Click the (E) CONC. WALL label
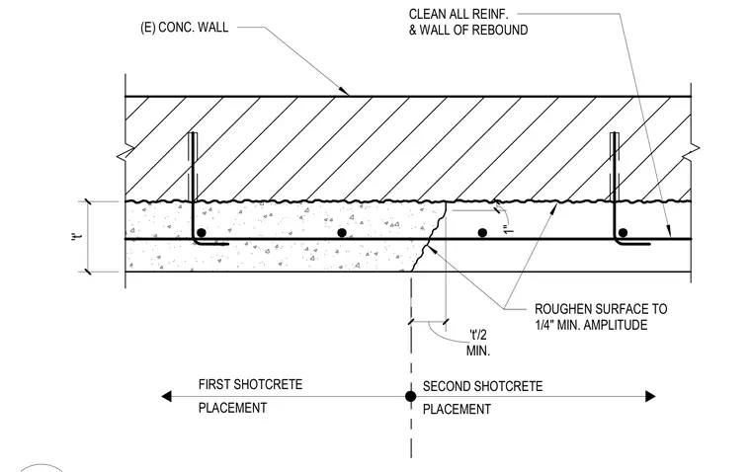tap(185, 27)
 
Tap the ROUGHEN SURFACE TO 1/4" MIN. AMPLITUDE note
tap(601, 317)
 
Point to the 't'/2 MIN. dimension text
tap(478, 343)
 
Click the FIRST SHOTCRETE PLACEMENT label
tap(250, 396)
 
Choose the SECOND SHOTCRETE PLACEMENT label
tap(483, 398)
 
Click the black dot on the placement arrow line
tap(410, 396)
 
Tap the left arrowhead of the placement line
tap(166, 396)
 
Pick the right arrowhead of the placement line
tap(650, 396)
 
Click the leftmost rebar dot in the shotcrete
tap(202, 233)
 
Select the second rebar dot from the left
tap(342, 233)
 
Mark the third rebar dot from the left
tap(482, 233)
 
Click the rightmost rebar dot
tap(623, 233)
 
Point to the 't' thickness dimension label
tap(78, 236)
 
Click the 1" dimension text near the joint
tap(509, 229)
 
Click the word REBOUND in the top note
tap(500, 30)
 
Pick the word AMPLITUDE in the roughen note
tap(615, 325)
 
